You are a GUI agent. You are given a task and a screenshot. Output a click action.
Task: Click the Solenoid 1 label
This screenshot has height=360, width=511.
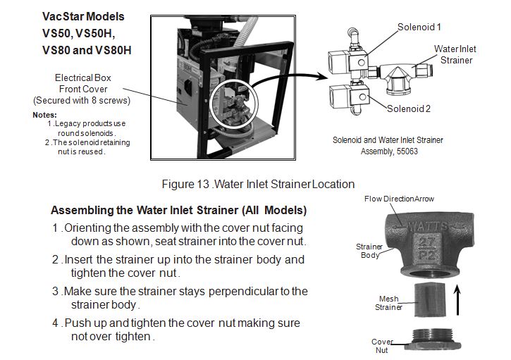[419, 27]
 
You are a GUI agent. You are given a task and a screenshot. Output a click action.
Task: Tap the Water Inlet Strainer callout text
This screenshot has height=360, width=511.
[457, 55]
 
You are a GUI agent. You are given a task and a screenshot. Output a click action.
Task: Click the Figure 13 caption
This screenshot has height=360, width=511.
[258, 185]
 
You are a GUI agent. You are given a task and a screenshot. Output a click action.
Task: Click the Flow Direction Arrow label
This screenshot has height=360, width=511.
[399, 199]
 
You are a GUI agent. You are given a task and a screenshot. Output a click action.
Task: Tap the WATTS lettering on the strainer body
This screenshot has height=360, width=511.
[430, 228]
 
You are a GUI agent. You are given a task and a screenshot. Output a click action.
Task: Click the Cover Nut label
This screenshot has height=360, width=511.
[383, 345]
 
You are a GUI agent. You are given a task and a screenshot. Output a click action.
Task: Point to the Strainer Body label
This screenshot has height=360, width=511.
[368, 250]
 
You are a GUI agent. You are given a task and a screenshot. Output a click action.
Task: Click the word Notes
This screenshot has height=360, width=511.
[45, 115]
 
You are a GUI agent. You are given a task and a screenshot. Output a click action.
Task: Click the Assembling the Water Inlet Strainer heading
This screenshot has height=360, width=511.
[178, 211]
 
